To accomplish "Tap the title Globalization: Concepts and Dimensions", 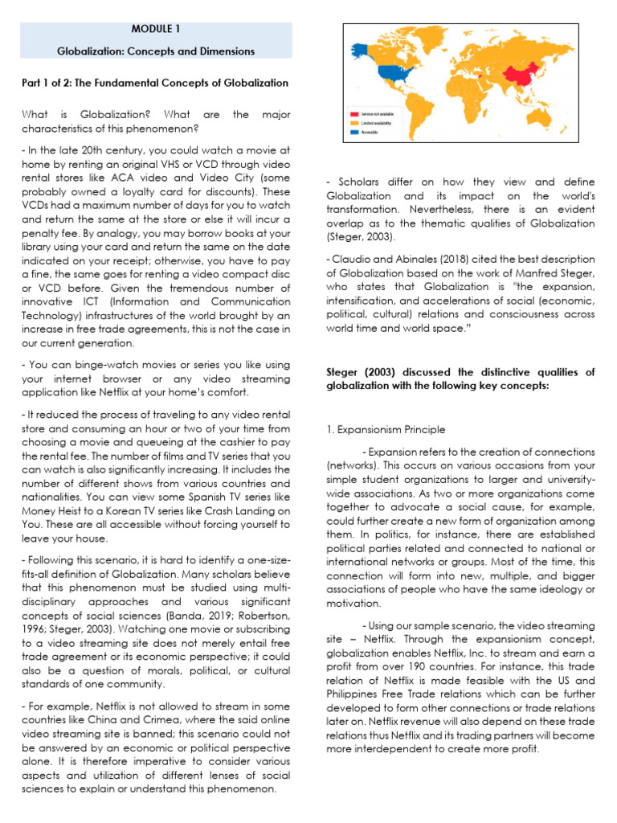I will (155, 51).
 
